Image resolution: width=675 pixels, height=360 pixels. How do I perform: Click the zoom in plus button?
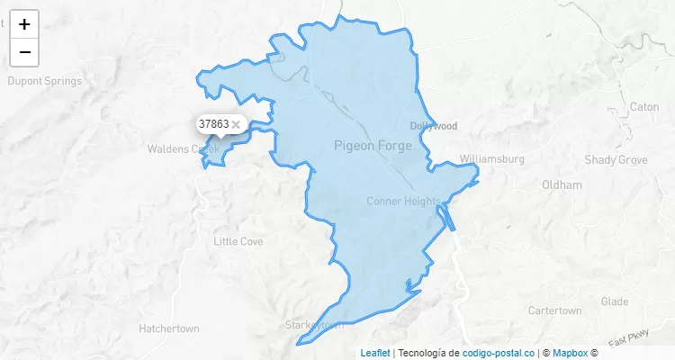click(24, 24)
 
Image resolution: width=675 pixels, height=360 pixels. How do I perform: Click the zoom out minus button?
click(24, 52)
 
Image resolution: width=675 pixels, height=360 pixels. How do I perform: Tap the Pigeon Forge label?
click(373, 146)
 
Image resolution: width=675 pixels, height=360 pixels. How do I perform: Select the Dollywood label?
click(434, 126)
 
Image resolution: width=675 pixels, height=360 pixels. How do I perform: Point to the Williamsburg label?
click(491, 159)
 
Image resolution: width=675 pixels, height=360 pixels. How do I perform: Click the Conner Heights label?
click(403, 202)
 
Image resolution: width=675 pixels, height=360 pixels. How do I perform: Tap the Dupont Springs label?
click(44, 81)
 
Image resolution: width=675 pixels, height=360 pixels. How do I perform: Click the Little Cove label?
click(238, 241)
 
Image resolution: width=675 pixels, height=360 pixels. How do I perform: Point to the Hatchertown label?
click(169, 328)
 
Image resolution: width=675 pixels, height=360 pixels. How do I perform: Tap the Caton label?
click(644, 106)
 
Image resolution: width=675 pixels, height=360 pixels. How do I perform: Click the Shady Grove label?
click(616, 159)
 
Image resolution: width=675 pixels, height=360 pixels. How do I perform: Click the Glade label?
click(615, 301)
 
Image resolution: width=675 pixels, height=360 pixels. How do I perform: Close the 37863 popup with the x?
click(236, 124)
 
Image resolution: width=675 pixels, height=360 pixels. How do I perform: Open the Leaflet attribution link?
click(375, 353)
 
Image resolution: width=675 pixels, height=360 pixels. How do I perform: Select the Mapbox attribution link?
click(570, 353)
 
